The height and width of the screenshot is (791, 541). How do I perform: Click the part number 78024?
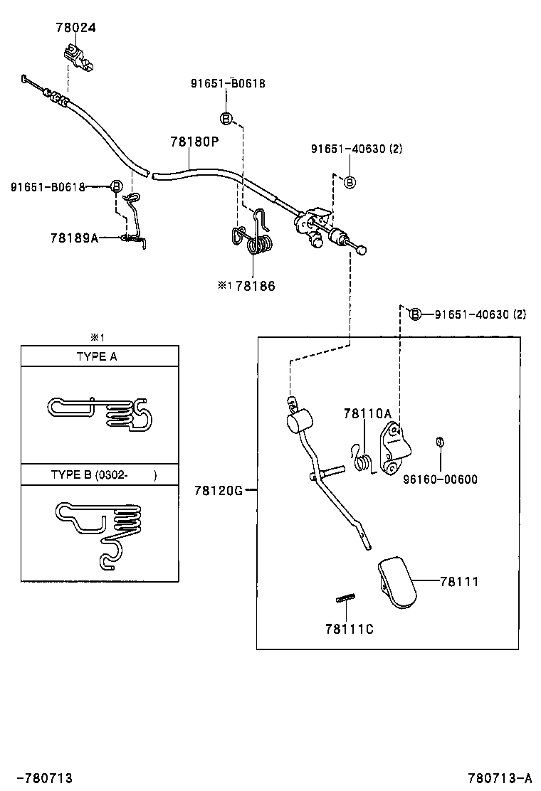tap(75, 27)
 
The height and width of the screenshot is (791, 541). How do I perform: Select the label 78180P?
tap(195, 142)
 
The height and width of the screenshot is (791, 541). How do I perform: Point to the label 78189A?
tap(75, 238)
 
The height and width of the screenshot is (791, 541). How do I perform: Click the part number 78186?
tap(256, 286)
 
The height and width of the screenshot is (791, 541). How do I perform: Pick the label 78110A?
tap(367, 414)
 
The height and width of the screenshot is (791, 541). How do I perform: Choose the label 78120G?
tap(219, 490)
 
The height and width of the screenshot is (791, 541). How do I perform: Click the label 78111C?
tap(350, 629)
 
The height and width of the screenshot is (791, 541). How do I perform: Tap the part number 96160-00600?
tap(440, 479)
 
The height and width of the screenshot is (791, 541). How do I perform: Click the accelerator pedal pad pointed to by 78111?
tap(398, 583)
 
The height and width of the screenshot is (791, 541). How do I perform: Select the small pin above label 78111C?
tap(345, 598)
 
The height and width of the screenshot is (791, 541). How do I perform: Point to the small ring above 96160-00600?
tap(440, 442)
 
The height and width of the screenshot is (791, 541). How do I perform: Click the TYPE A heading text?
tap(97, 356)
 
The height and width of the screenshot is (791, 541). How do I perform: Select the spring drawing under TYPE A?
tap(100, 413)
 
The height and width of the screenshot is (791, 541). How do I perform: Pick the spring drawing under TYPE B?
tap(98, 533)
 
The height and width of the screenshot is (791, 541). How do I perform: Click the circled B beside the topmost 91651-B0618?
tap(226, 119)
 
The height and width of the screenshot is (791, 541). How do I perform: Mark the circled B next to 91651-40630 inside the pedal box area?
tap(414, 315)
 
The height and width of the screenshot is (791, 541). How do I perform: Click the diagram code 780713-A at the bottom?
tap(500, 778)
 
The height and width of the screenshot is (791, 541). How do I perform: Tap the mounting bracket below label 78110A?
tap(395, 449)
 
